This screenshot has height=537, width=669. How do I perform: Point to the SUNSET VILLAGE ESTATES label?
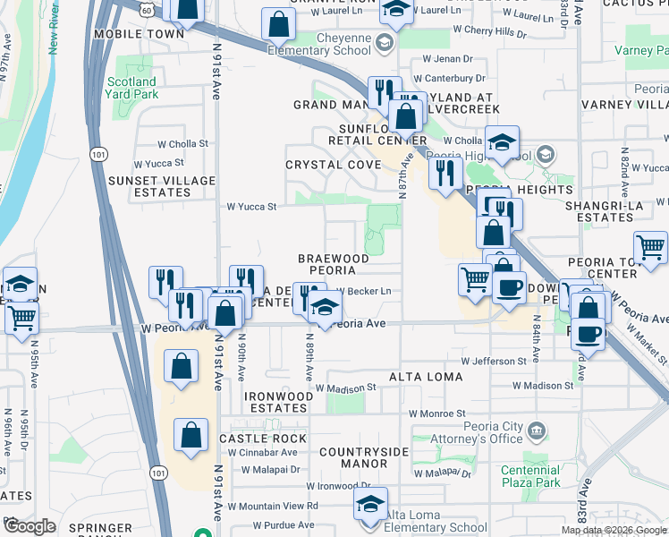coord(174,186)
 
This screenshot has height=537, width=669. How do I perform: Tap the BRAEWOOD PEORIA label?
coord(333,264)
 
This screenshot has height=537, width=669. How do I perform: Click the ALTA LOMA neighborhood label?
coord(426,378)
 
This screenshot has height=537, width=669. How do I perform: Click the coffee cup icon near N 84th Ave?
coord(509,288)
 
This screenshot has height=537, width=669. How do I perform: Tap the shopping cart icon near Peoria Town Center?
coord(650,247)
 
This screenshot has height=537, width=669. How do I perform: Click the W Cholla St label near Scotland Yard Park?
coord(182,143)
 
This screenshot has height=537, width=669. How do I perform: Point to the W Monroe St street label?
coord(435,413)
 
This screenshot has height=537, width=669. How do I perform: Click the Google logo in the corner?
coord(30,526)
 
